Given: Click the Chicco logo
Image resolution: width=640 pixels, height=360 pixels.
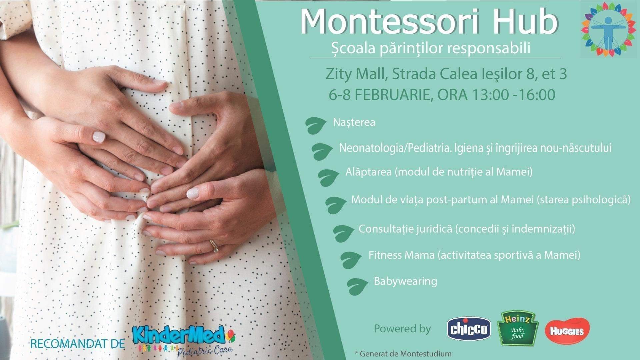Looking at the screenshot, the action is [x=468, y=329].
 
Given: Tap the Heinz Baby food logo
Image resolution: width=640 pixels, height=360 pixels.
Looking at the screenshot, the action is [x=518, y=330].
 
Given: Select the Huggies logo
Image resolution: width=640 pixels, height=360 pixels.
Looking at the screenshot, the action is [x=567, y=330].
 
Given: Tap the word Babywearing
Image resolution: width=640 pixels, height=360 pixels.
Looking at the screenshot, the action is [x=405, y=281].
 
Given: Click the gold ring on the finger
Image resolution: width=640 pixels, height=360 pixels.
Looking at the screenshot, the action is [x=214, y=246].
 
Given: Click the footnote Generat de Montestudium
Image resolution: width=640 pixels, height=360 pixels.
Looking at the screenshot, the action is [x=403, y=353].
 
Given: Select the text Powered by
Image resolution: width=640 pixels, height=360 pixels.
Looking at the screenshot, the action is [x=402, y=329].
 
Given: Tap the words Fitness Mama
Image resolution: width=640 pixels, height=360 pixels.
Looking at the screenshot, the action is [x=401, y=255].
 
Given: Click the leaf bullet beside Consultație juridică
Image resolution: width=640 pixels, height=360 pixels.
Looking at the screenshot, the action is [x=344, y=233].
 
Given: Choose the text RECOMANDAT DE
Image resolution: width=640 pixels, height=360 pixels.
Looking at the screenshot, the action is [x=77, y=344].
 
